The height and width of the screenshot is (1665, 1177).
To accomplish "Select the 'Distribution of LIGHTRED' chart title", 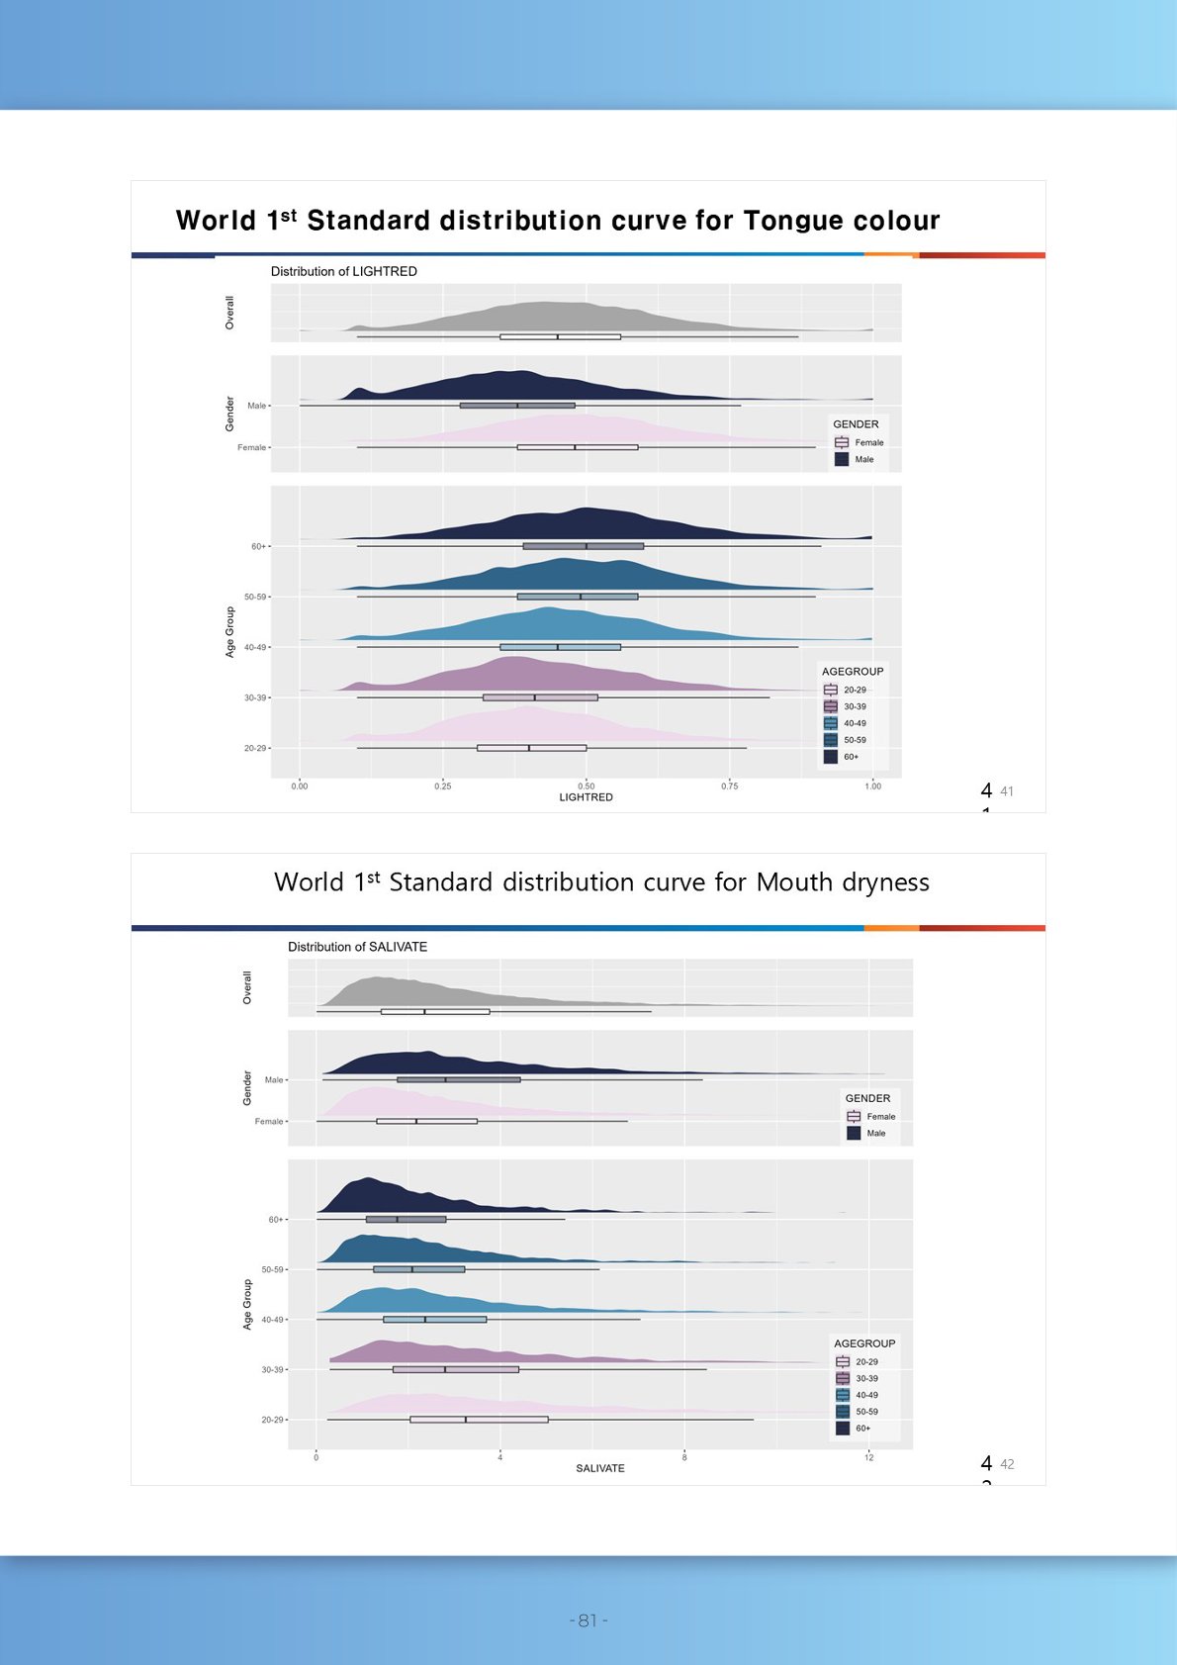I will (x=343, y=271).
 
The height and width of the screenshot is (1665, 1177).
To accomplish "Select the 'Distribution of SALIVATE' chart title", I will (x=357, y=947).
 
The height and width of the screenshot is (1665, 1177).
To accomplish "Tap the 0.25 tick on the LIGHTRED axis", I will (x=442, y=786).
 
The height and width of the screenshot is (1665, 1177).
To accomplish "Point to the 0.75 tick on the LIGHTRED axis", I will (x=729, y=786).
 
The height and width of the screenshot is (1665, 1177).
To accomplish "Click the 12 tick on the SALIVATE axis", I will (x=868, y=1457).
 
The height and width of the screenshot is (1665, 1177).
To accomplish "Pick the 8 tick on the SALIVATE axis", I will (x=684, y=1457).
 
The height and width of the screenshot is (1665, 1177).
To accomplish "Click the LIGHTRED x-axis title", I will (x=586, y=797).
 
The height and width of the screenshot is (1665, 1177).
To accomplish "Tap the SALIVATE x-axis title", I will (x=599, y=1468).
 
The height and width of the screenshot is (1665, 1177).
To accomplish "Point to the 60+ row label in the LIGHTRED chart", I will (x=258, y=546).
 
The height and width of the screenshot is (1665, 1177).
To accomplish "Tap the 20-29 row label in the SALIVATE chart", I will (x=272, y=1420).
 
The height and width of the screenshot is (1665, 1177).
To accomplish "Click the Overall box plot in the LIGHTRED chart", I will (x=560, y=336).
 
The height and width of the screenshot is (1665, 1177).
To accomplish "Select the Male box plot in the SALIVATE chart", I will (x=458, y=1079).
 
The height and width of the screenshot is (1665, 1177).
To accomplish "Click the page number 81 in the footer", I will (x=588, y=1620).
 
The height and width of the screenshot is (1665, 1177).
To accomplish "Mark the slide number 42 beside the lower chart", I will (x=1007, y=1464).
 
